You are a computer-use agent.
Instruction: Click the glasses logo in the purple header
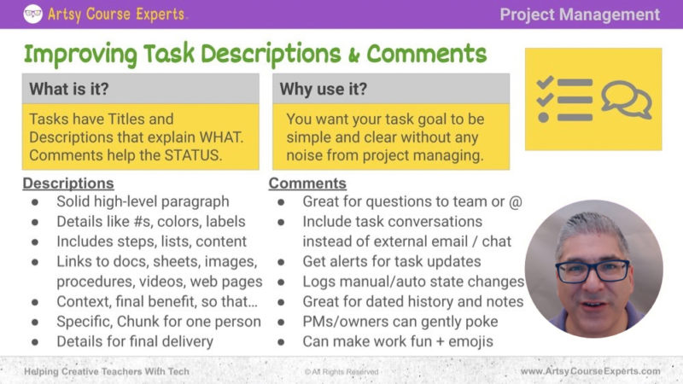pos(33,14)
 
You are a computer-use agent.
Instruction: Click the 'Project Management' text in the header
pos(580,15)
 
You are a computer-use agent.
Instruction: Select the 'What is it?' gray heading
pos(69,88)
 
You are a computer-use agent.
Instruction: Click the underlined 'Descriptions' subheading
pos(67,183)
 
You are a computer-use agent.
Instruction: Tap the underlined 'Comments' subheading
pos(307,183)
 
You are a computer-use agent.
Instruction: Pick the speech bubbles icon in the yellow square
pos(626,99)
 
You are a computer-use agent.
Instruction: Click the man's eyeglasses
pos(593,271)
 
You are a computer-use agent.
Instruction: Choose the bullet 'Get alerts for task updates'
pos(392,261)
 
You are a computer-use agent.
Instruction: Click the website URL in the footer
pos(590,372)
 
